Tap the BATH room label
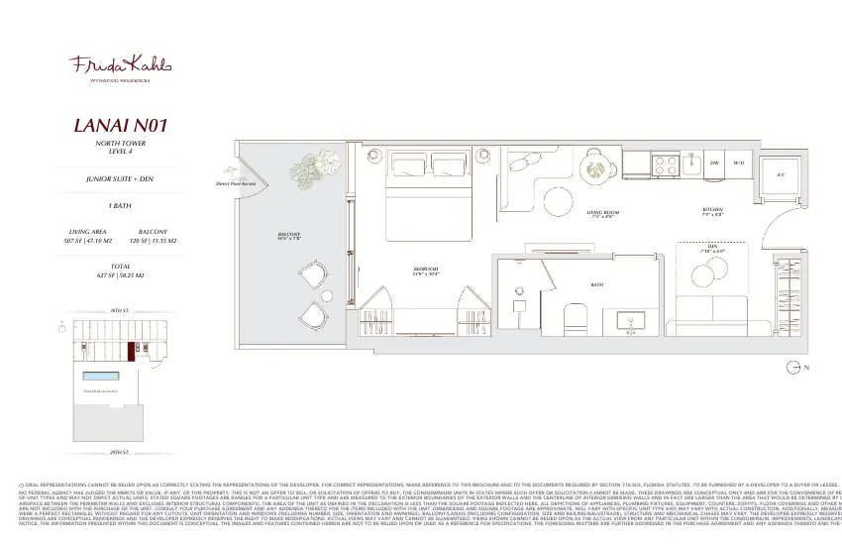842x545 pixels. coord(597,284)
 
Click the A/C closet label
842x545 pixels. coord(781,172)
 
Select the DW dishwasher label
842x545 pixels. coord(714,162)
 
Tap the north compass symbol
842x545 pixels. coord(793,368)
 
